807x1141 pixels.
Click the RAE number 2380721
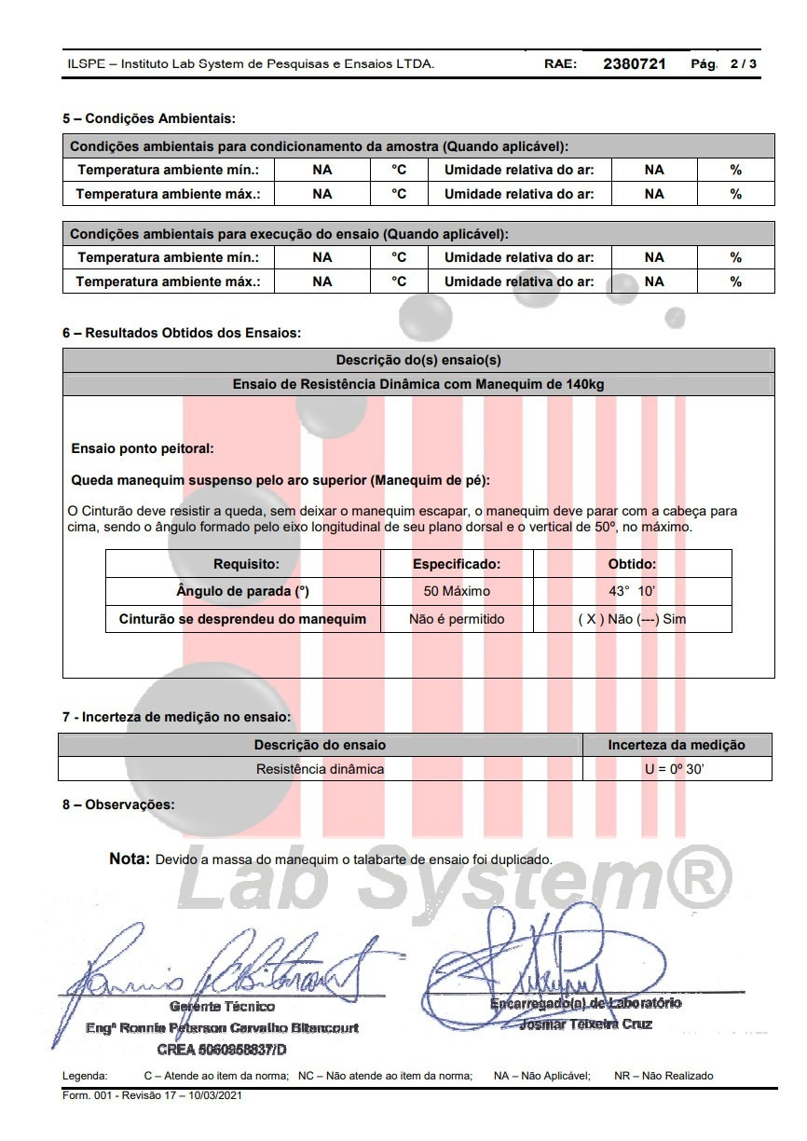click(635, 64)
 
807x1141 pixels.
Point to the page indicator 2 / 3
click(744, 64)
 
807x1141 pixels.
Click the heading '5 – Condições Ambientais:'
click(148, 118)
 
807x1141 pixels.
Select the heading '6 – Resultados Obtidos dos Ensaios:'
click(182, 332)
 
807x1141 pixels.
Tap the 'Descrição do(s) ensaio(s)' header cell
click(418, 360)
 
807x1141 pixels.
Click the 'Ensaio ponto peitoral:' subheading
click(143, 448)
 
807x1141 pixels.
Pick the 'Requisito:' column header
click(246, 564)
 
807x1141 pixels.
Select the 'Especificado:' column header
click(457, 564)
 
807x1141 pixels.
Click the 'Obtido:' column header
click(632, 564)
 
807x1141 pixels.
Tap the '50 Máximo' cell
click(457, 591)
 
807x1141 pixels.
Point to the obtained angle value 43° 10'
click(632, 591)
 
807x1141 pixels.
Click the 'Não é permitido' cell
click(457, 619)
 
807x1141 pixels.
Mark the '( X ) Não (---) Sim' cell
click(632, 619)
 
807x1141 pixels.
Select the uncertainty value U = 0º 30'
click(677, 769)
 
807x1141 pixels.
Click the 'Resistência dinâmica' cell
click(320, 769)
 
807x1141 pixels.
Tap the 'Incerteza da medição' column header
click(677, 745)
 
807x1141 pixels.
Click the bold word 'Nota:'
click(130, 859)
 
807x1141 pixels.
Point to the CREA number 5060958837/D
click(222, 1049)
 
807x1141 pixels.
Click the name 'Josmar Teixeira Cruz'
click(586, 1024)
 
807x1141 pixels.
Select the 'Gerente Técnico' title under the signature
click(222, 1006)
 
